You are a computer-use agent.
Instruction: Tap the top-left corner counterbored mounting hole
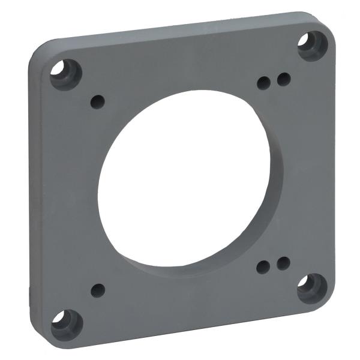tap(65, 73)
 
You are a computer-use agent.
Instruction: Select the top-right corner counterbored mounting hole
tap(312, 44)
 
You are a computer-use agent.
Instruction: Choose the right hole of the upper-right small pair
tap(283, 79)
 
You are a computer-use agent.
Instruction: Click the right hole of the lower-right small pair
tap(283, 263)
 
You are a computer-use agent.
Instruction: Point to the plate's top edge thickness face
tap(180, 27)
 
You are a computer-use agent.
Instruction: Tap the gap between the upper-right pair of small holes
tap(274, 80)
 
